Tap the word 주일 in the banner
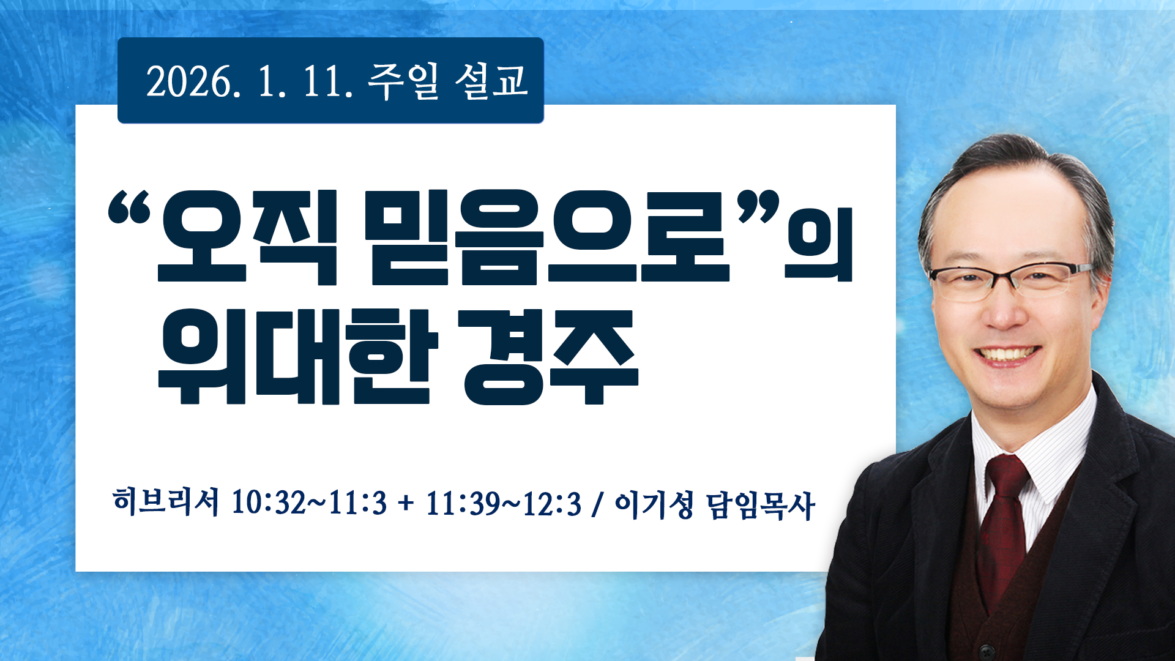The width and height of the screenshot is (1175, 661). [x=403, y=81]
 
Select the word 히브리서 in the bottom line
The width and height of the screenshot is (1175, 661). [x=166, y=502]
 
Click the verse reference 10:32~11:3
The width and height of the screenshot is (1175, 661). [x=310, y=504]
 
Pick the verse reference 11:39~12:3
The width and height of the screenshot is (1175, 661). [x=504, y=504]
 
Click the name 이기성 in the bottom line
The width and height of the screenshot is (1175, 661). [x=654, y=504]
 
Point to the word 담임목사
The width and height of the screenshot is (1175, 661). [x=761, y=505]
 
